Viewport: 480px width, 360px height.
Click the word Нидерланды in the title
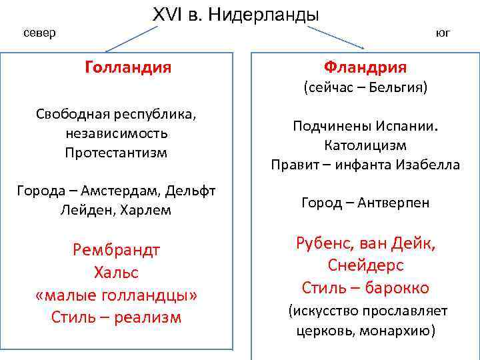pos(264,15)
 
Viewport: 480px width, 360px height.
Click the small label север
pos(39,33)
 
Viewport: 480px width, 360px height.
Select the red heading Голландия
pos(128,67)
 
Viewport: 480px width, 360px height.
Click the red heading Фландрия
pos(365,67)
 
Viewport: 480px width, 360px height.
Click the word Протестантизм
pos(116,152)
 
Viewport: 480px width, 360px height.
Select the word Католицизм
pos(365,145)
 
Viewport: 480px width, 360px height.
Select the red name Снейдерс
pos(365,265)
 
